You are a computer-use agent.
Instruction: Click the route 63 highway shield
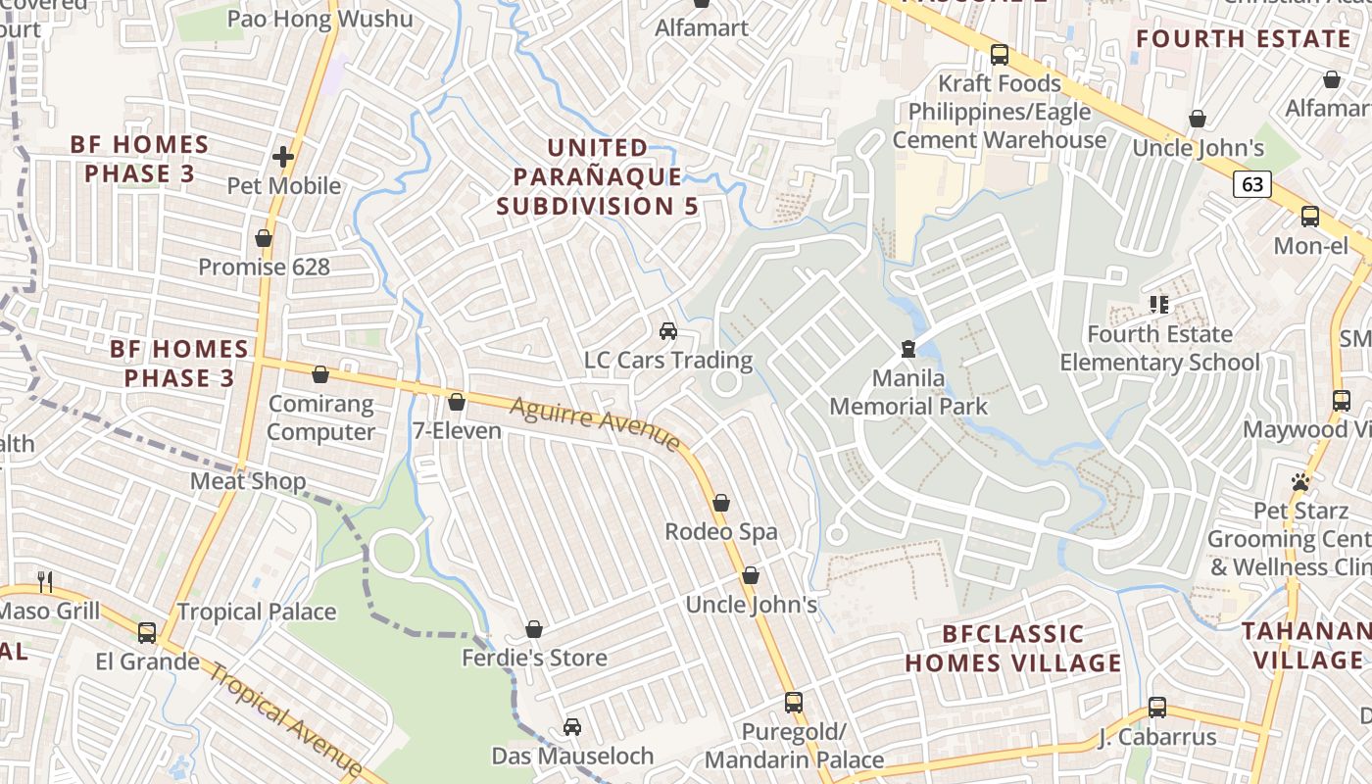click(1251, 184)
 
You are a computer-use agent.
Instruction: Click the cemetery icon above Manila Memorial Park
click(908, 348)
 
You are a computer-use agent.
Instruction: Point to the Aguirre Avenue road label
click(595, 423)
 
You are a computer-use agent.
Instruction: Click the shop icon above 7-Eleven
click(456, 402)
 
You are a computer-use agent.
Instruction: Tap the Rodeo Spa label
click(721, 532)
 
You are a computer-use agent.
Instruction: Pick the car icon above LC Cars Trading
click(668, 331)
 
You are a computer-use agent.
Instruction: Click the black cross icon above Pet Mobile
click(283, 157)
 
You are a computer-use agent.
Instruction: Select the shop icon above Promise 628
click(263, 238)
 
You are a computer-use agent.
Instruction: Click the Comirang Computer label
click(321, 417)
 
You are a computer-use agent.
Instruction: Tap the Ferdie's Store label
click(534, 658)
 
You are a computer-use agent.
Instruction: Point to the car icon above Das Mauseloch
click(572, 727)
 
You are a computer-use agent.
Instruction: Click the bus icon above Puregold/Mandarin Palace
click(794, 703)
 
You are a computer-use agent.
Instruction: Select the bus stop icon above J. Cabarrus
click(1157, 708)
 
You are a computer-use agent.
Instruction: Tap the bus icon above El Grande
click(147, 633)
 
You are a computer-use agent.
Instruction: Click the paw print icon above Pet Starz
click(1300, 482)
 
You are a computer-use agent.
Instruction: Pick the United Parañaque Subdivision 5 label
click(597, 177)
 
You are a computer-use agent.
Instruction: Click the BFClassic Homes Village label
click(1012, 649)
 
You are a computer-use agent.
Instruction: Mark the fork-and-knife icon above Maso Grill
click(44, 582)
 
